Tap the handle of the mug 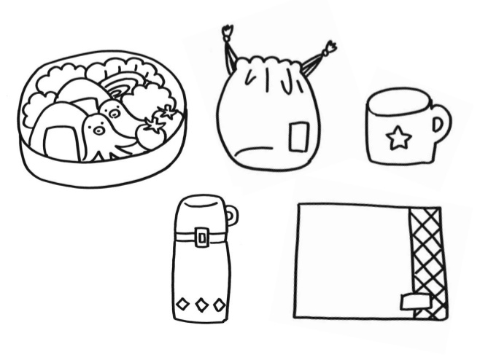tap(440, 125)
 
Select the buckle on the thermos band tap(202, 236)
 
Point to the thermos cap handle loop tap(231, 215)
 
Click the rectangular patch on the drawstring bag tap(298, 137)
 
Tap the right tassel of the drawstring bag tap(329, 49)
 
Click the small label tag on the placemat tap(412, 300)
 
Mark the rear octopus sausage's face tap(112, 111)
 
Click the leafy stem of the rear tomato tap(168, 111)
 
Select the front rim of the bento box tap(102, 175)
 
